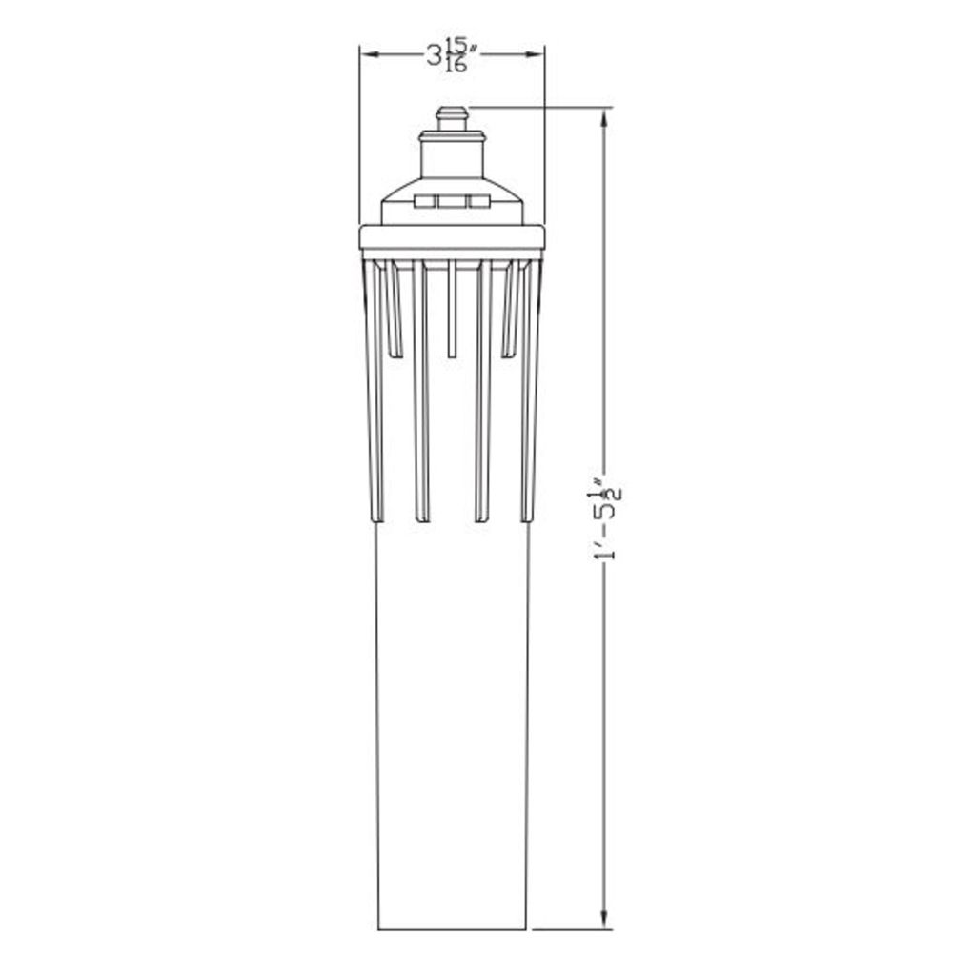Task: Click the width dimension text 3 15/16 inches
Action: click(x=451, y=54)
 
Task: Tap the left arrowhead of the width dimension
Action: click(x=370, y=54)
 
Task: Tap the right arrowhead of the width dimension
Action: click(x=535, y=54)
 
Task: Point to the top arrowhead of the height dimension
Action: click(x=604, y=118)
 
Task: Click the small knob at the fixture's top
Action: click(x=452, y=118)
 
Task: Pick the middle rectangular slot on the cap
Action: click(x=452, y=201)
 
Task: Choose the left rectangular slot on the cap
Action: click(x=424, y=201)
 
